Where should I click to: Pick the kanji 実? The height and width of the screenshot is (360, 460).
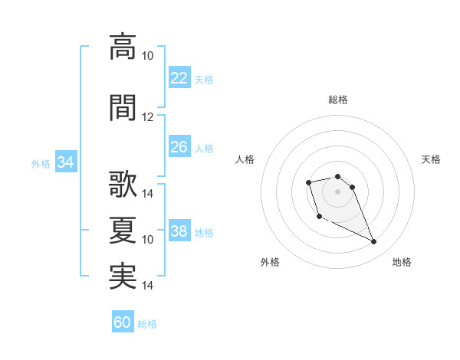pos(123,277)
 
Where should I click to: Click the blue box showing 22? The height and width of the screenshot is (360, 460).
pos(179,78)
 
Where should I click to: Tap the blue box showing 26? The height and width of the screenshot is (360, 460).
pos(179,147)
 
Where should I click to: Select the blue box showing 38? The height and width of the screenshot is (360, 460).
pos(179,231)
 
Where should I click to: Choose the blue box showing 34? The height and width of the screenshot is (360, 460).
pos(65,162)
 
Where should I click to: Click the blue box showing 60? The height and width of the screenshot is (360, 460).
pos(123,322)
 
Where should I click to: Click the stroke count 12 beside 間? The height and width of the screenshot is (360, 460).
pos(148,117)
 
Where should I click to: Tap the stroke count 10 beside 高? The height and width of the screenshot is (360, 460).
pos(148,56)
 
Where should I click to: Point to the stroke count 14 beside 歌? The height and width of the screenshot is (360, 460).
pos(148,194)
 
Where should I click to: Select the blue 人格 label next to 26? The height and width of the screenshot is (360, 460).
pos(204,148)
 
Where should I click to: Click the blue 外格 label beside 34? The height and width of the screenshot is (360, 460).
pos(41,163)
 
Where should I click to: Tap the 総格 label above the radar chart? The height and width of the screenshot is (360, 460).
pos(337,100)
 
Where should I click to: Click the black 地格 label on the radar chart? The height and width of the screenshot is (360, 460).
pos(402,262)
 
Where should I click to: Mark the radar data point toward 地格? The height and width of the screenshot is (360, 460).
pos(374,242)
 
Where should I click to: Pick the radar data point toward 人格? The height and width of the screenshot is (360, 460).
pos(308,182)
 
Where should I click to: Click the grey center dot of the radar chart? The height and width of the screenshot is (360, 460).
pos(337,191)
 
